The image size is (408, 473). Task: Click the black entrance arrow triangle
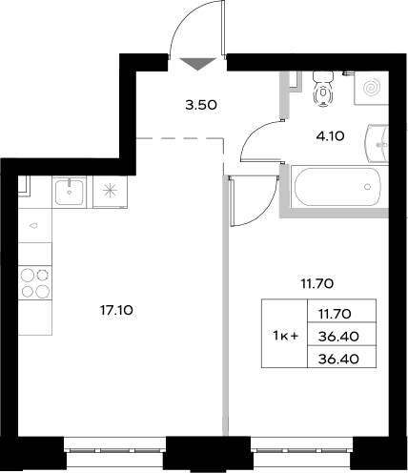[197, 64]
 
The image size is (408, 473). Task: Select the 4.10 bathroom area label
[330, 136]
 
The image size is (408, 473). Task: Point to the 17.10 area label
[117, 309]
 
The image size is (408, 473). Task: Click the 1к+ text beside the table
[285, 336]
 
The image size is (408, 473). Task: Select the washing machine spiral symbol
[371, 88]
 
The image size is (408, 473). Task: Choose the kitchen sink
[70, 192]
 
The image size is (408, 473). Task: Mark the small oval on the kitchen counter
[34, 226]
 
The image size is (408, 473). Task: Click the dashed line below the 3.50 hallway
[180, 139]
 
